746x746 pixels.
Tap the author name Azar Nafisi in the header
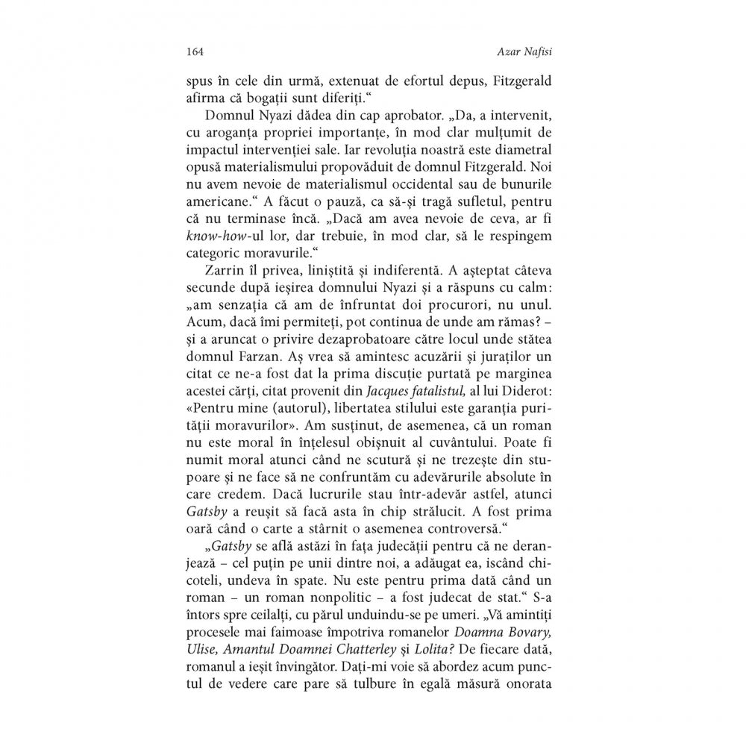[539, 51]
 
